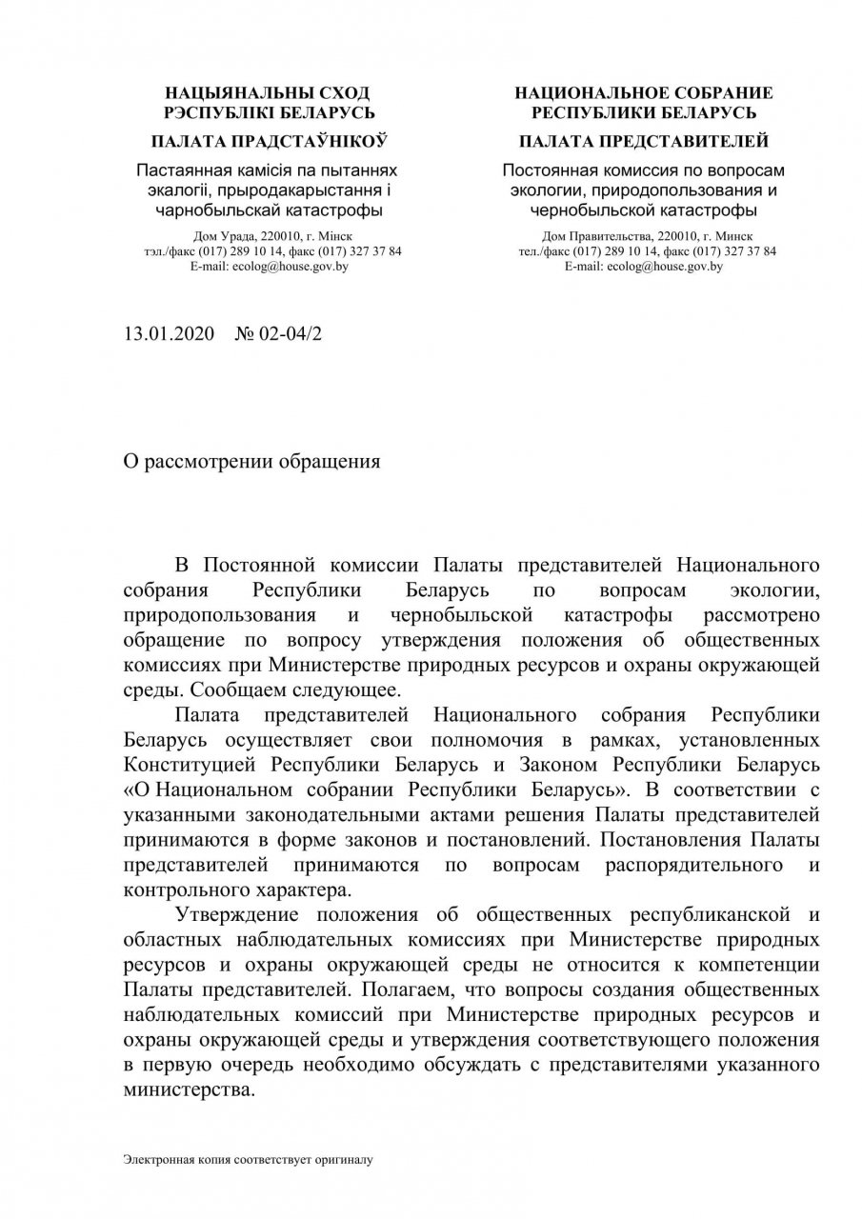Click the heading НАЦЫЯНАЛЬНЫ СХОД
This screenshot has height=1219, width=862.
click(x=268, y=93)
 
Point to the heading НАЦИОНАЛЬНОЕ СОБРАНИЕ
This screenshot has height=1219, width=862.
click(x=643, y=93)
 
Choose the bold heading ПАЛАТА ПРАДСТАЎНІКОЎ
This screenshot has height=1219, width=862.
click(x=269, y=142)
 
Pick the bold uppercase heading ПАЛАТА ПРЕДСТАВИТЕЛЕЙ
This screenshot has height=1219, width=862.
click(x=643, y=142)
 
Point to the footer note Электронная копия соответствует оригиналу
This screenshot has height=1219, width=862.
click(x=248, y=1162)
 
